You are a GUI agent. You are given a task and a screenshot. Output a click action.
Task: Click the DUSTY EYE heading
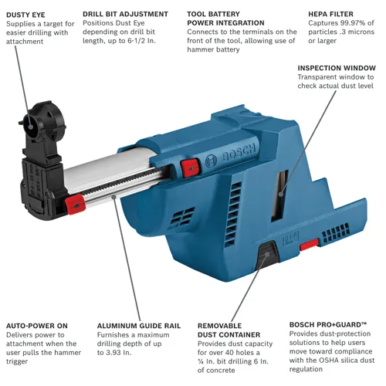point(26,14)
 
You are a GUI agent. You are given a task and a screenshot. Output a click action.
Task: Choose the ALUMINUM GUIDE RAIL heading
point(139,326)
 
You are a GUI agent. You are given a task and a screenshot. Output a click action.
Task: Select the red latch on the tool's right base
point(310,243)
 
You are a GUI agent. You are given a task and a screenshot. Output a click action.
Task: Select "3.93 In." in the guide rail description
point(113,353)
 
